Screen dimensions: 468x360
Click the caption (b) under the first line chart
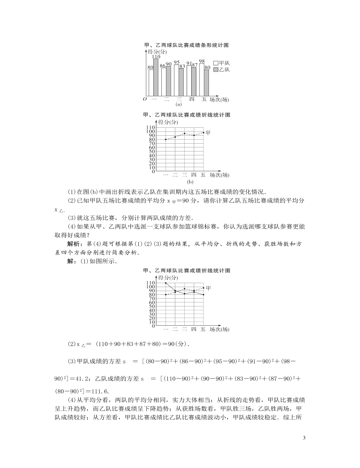(190, 181)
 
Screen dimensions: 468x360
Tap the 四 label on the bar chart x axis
(192, 99)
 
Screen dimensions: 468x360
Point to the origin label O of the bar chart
(144, 99)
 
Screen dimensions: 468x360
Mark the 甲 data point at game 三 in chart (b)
(185, 133)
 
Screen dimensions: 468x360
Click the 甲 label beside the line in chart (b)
(208, 132)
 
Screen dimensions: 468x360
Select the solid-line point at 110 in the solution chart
(166, 283)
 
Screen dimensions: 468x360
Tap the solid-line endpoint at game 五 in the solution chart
(203, 295)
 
